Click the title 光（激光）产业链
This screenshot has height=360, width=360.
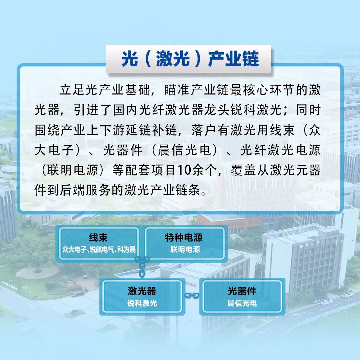(x=190, y=59)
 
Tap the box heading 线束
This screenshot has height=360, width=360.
(x=98, y=238)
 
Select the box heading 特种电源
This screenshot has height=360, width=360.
(x=184, y=238)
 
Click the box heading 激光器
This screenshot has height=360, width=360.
(x=142, y=291)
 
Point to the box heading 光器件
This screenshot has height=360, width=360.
(x=242, y=291)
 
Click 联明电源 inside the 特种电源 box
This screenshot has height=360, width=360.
(x=185, y=250)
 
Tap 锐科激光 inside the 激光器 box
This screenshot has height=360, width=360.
(x=142, y=303)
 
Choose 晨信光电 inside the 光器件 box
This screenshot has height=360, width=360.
(x=242, y=303)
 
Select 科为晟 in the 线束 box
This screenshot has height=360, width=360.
(x=127, y=250)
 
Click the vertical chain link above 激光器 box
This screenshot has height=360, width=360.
(x=142, y=267)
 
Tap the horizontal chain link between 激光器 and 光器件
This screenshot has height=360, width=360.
(x=192, y=296)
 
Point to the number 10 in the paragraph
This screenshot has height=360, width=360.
(x=184, y=170)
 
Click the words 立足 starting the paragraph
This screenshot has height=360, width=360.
(x=72, y=90)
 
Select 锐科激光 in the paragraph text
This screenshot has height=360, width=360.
(x=256, y=110)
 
